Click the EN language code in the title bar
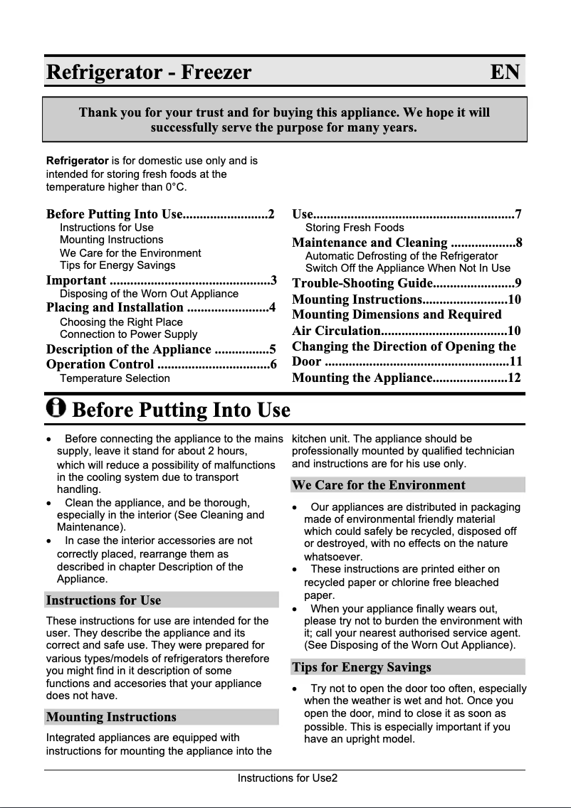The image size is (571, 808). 505,73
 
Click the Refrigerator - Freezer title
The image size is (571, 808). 149,73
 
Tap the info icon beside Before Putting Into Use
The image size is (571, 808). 56,408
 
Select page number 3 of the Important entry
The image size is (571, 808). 273,280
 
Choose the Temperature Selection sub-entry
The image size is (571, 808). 115,378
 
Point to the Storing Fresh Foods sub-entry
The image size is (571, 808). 355,228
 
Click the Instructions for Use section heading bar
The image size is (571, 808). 161,600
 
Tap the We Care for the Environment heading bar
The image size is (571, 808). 407,485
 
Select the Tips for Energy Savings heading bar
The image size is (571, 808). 407,667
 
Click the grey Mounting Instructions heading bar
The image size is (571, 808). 161,717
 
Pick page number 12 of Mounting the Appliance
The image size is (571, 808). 514,378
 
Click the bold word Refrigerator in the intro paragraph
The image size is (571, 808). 78,161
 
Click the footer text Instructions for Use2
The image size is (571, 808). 288,778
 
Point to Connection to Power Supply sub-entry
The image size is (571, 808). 129,334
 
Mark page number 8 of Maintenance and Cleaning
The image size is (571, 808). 519,243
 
